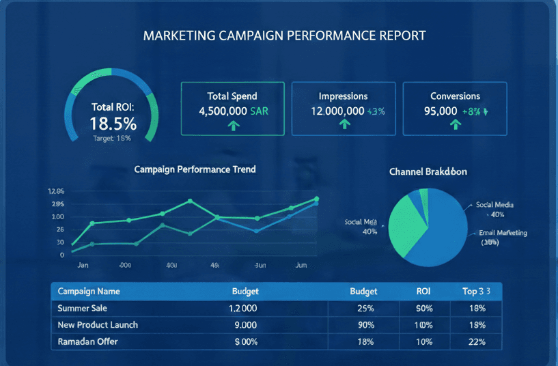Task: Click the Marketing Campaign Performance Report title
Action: click(x=284, y=35)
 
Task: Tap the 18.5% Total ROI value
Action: click(x=113, y=124)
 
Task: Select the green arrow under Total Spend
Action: click(x=233, y=126)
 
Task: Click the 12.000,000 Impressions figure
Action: click(x=337, y=111)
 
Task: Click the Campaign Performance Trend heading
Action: click(x=195, y=169)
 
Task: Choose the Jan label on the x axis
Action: click(x=83, y=265)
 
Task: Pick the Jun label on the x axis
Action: click(x=301, y=265)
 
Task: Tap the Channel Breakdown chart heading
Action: click(x=428, y=171)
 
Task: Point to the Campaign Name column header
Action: click(x=89, y=291)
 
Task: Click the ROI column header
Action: click(x=423, y=291)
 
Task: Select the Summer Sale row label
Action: click(x=82, y=308)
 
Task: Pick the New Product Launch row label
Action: click(x=98, y=324)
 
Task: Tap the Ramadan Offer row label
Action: click(x=88, y=341)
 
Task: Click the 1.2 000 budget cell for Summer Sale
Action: click(x=245, y=308)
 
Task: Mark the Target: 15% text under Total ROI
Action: click(x=112, y=139)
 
